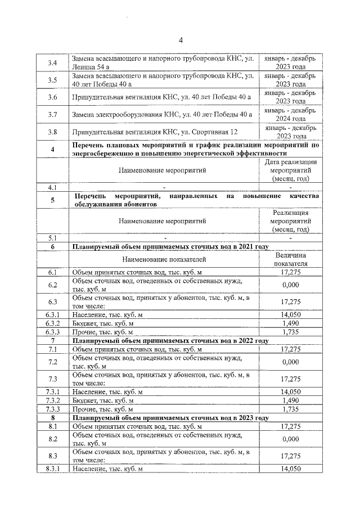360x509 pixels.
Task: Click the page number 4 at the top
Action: click(x=181, y=39)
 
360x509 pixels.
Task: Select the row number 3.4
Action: click(x=52, y=62)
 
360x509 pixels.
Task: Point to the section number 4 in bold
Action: click(x=52, y=149)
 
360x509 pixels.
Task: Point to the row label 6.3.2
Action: click(x=52, y=323)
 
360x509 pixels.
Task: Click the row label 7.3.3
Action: click(x=52, y=409)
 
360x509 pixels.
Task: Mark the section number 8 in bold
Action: click(x=52, y=418)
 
